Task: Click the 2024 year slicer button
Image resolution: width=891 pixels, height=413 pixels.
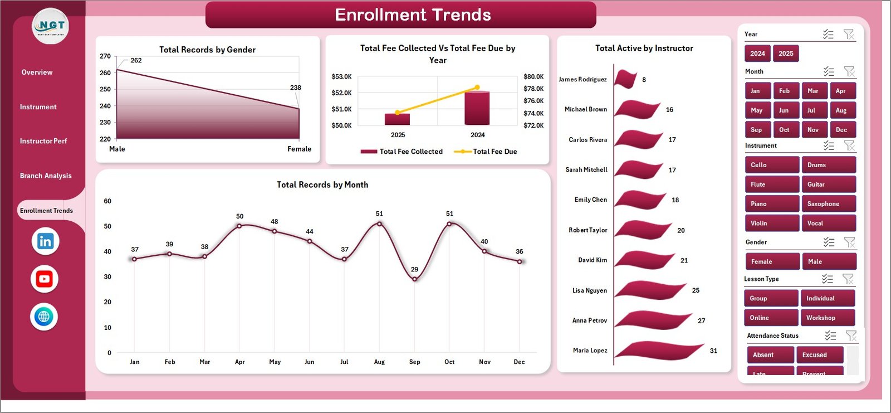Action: click(757, 54)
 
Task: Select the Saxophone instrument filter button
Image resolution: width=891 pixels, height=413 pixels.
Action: click(828, 204)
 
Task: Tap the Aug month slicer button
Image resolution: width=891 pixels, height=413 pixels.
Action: click(841, 110)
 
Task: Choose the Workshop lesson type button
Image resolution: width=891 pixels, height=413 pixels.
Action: click(827, 318)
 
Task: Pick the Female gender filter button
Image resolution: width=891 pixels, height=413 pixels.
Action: click(771, 261)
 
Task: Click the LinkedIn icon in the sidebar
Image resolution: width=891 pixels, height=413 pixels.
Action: click(45, 241)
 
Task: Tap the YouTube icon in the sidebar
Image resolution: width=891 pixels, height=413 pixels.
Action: click(45, 279)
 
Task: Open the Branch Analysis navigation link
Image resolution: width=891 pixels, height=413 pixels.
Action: click(46, 176)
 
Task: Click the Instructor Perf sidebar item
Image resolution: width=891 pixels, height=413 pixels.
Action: click(43, 141)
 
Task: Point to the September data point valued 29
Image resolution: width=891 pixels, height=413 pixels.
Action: click(414, 279)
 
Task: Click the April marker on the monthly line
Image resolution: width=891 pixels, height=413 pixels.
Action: click(239, 226)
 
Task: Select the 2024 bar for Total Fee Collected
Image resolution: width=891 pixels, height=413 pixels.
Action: click(477, 108)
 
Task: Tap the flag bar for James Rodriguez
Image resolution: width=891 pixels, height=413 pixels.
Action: click(625, 79)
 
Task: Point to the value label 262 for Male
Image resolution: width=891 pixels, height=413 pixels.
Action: click(136, 60)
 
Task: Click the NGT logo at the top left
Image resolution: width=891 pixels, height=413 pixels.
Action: click(51, 26)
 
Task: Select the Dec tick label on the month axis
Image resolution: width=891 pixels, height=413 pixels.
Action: click(519, 362)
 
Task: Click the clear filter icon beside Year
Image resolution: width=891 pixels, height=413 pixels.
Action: click(849, 35)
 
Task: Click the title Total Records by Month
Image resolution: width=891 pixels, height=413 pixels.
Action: click(322, 185)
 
